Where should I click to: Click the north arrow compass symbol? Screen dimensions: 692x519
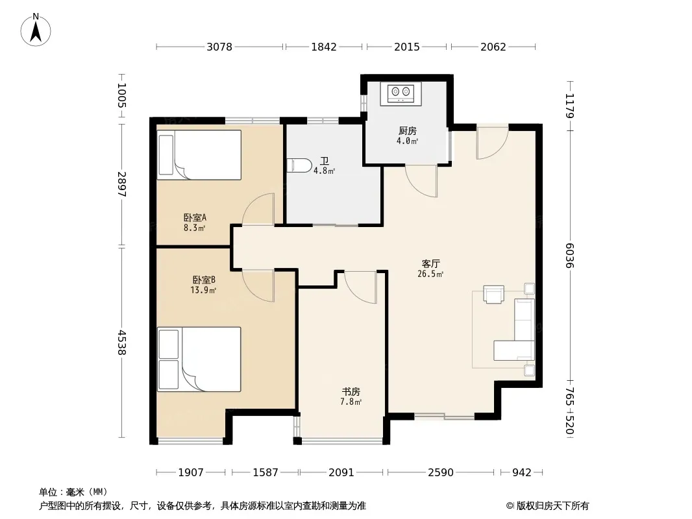tap(36, 30)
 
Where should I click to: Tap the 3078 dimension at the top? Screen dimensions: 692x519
tap(219, 47)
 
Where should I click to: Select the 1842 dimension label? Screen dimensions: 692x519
tap(324, 47)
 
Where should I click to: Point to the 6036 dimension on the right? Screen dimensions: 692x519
tap(569, 256)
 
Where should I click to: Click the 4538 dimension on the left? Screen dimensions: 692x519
tap(122, 343)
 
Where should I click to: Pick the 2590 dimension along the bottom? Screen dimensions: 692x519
tap(440, 472)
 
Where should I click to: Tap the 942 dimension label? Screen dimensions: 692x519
tap(522, 472)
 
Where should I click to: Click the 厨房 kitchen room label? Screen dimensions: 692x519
tap(407, 131)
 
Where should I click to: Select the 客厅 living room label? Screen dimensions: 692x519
tap(431, 263)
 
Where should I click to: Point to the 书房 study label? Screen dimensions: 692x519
tap(351, 392)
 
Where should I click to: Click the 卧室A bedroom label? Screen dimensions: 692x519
tap(195, 217)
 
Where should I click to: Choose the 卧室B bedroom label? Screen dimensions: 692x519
tap(203, 280)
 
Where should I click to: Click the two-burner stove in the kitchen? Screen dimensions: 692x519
tap(401, 93)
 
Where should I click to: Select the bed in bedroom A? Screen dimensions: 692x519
tap(199, 155)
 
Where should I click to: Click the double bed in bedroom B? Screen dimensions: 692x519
tap(199, 359)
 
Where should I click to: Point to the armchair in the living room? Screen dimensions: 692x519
tap(493, 294)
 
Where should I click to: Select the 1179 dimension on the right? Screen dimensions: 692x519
tap(569, 106)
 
